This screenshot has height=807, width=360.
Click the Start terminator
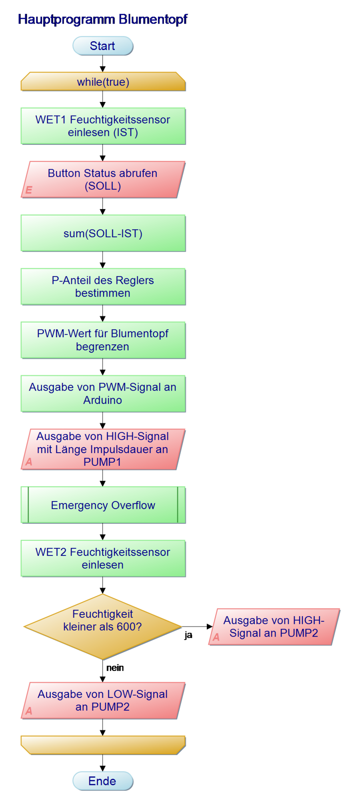click(x=102, y=46)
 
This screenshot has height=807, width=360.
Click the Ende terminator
click(x=102, y=781)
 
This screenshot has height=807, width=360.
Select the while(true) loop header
click(x=103, y=82)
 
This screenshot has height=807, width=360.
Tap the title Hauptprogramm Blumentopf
click(x=102, y=19)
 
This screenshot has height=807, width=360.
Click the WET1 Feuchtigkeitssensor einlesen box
click(x=103, y=126)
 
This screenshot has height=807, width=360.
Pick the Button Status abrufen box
click(x=103, y=180)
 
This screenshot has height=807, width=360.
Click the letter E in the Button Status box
click(x=29, y=190)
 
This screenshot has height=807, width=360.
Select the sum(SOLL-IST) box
click(x=103, y=233)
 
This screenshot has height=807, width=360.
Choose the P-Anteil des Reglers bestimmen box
click(x=103, y=287)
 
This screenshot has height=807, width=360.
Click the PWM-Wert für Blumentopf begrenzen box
click(x=103, y=340)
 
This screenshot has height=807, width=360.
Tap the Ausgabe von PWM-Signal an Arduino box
click(x=103, y=394)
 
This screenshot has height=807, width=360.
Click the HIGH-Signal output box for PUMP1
click(x=103, y=449)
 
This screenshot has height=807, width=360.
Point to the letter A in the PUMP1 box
click(x=29, y=462)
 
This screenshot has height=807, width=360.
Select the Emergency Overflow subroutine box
click(x=103, y=505)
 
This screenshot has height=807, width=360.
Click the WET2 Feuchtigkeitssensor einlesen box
click(x=103, y=558)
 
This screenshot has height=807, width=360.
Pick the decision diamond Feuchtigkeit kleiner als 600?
click(x=103, y=627)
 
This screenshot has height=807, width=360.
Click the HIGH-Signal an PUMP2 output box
click(x=274, y=627)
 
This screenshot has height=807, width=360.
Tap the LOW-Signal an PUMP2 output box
click(x=103, y=701)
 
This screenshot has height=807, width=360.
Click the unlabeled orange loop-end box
click(x=103, y=745)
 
